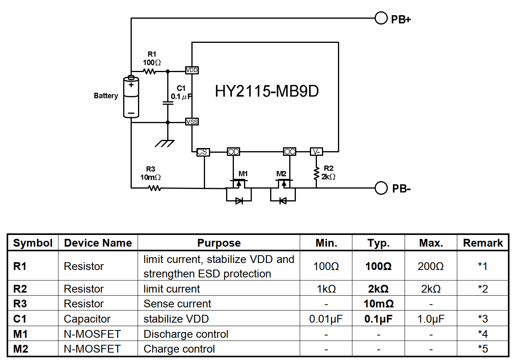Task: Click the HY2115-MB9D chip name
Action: click(x=267, y=91)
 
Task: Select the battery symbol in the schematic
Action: click(x=131, y=97)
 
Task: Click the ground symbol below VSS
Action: click(x=164, y=143)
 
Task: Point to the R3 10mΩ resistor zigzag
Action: click(x=155, y=188)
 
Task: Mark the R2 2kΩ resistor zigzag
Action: click(x=316, y=173)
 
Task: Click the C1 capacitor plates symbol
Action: click(x=168, y=103)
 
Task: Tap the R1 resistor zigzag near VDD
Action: click(x=150, y=71)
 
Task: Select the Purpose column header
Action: click(x=219, y=243)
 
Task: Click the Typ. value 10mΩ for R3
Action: click(x=379, y=304)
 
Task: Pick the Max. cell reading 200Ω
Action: click(x=431, y=266)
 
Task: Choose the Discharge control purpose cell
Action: click(x=186, y=334)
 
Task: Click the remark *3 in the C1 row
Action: click(x=483, y=319)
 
